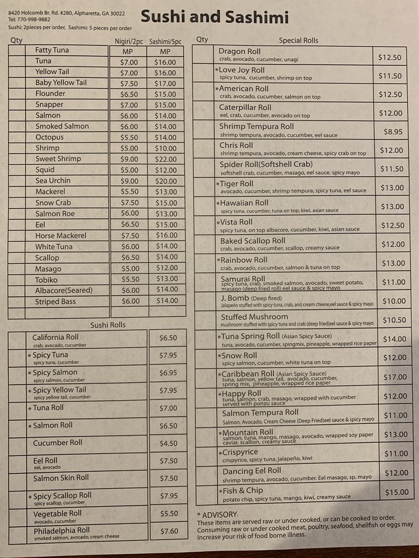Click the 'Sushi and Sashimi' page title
pyautogui.click(x=215, y=17)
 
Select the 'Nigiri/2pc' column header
pyautogui.click(x=129, y=41)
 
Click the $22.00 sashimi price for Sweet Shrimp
pyautogui.click(x=165, y=159)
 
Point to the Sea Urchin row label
pyautogui.click(x=53, y=181)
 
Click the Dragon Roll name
pyautogui.click(x=240, y=51)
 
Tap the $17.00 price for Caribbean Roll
pyautogui.click(x=396, y=377)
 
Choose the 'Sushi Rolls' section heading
pyautogui.click(x=108, y=325)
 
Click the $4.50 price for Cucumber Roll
pyautogui.click(x=168, y=444)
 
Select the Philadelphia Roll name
pyautogui.click(x=61, y=531)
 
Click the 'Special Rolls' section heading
pyautogui.click(x=298, y=40)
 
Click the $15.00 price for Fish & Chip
pyautogui.click(x=396, y=492)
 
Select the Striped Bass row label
pyautogui.click(x=56, y=301)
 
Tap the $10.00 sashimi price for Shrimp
pyautogui.click(x=165, y=148)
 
